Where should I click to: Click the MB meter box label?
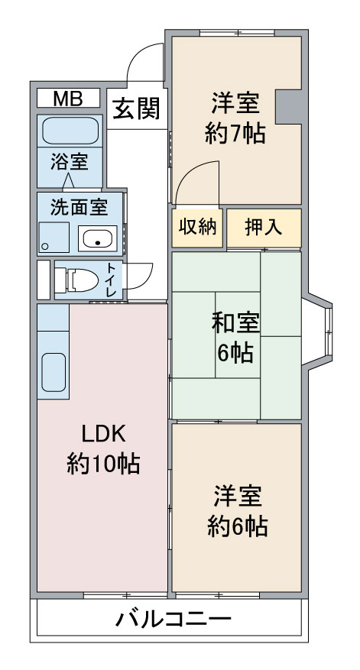(x=68, y=99)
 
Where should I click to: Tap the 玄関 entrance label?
(x=136, y=108)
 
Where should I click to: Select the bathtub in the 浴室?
(x=70, y=131)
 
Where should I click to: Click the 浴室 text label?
(x=70, y=161)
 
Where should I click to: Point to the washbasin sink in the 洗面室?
(x=98, y=238)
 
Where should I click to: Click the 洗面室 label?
(x=79, y=207)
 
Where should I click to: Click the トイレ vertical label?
(x=111, y=280)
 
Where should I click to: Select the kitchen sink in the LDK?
(x=54, y=372)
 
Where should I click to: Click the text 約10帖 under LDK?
(x=103, y=463)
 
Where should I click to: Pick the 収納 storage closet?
(x=197, y=228)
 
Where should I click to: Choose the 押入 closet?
(x=264, y=228)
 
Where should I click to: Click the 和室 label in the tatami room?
(x=235, y=322)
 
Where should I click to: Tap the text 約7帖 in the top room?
(x=235, y=134)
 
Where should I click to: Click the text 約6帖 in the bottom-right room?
(x=238, y=526)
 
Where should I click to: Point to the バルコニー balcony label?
(x=174, y=618)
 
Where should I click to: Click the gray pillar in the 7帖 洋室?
(x=290, y=107)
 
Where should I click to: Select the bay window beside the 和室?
(x=317, y=329)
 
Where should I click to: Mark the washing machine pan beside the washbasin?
(x=54, y=238)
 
